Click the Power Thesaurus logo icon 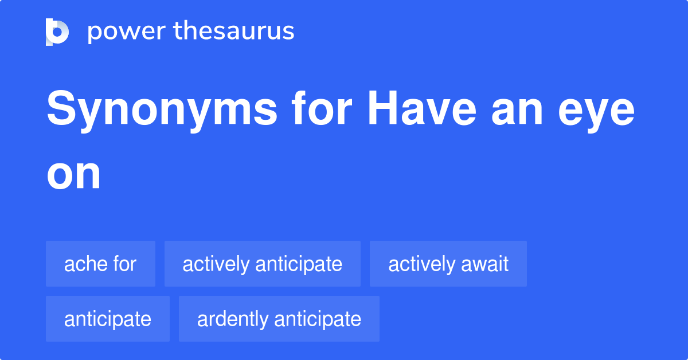coord(57,32)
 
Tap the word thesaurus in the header coord(234,31)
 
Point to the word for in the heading coord(322,108)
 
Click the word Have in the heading coord(423,108)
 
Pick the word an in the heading coord(517,112)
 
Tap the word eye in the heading coord(596,115)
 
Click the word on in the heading coord(74,175)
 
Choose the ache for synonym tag coord(100,264)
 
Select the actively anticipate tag coord(263,264)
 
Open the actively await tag coord(448,264)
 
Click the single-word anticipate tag coord(108,319)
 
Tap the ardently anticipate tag coord(279,319)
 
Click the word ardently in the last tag coord(233,320)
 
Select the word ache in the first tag coord(85,264)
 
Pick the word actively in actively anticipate coord(216,265)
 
